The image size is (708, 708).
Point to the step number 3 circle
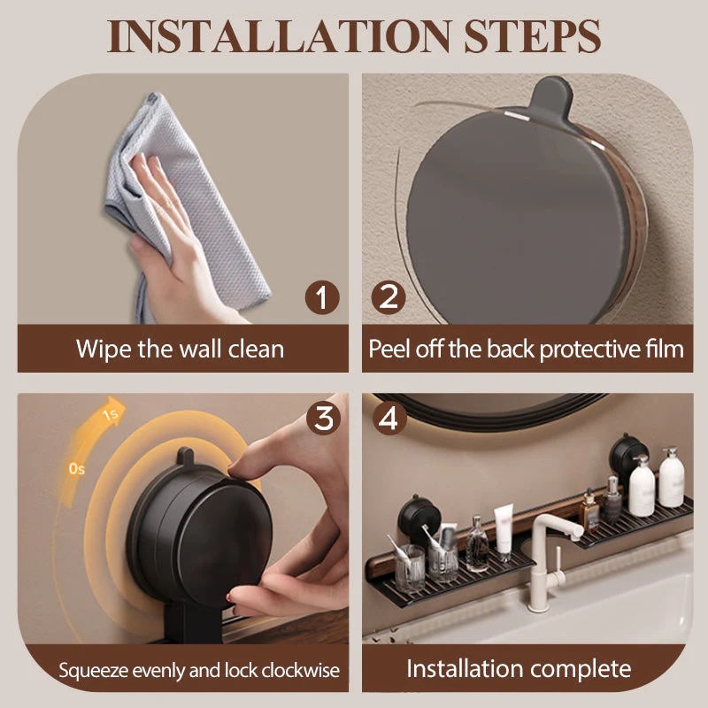[x=322, y=418]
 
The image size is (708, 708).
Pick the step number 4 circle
[x=388, y=418]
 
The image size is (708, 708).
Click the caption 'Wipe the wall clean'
[x=180, y=348]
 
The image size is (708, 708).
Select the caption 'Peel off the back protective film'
[x=526, y=348]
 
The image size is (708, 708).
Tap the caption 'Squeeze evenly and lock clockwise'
[x=199, y=669]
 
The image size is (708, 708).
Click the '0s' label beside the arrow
[x=77, y=467]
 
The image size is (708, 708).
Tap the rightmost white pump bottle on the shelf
[x=671, y=481]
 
